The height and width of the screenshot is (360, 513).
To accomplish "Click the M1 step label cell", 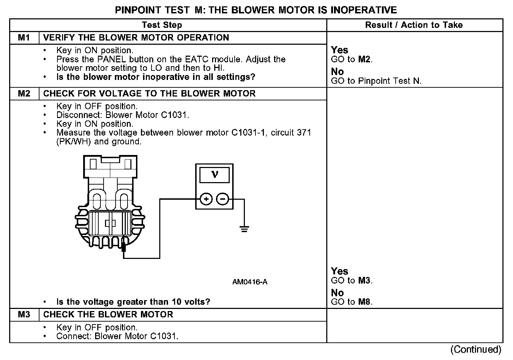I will pyautogui.click(x=24, y=38).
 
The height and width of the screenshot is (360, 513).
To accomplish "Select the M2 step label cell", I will pyautogui.click(x=24, y=94).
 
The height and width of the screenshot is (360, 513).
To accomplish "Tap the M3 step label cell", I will pyautogui.click(x=24, y=315).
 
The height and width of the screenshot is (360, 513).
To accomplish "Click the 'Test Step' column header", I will pyautogui.click(x=162, y=25).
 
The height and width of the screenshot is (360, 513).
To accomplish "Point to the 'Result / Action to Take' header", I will pyautogui.click(x=414, y=25).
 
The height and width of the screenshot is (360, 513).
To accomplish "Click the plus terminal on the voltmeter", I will pyautogui.click(x=206, y=199).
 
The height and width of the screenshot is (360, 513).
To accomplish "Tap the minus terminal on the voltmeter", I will pyautogui.click(x=222, y=199).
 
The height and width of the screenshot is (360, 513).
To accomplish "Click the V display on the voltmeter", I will pyautogui.click(x=214, y=175).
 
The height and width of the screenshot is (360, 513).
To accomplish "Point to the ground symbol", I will pyautogui.click(x=244, y=229).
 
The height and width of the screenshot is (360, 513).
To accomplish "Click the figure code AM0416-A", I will pyautogui.click(x=249, y=282).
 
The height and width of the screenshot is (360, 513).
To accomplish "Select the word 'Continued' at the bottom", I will pyautogui.click(x=476, y=349).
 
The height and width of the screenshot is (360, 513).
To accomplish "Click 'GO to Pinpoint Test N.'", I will pyautogui.click(x=376, y=81).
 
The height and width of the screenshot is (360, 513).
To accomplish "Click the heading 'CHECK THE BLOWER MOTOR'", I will pyautogui.click(x=108, y=315).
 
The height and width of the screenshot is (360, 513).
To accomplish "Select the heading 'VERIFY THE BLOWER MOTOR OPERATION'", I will pyautogui.click(x=136, y=38).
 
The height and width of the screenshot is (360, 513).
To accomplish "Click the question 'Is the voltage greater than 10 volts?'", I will pyautogui.click(x=133, y=302).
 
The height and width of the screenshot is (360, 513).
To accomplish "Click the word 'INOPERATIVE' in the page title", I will pyautogui.click(x=363, y=10).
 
